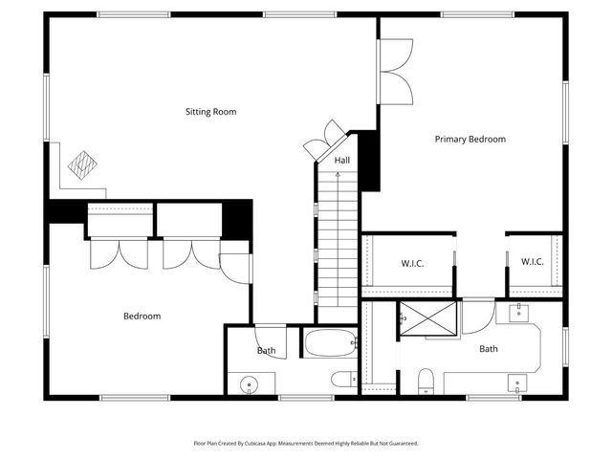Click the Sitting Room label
click(x=210, y=112)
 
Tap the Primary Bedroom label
click(x=470, y=139)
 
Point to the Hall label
click(x=341, y=162)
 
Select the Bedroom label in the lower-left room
click(x=142, y=316)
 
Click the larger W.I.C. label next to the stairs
click(x=411, y=263)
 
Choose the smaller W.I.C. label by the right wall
click(x=533, y=262)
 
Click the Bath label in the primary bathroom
click(x=488, y=349)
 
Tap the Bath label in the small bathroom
click(x=266, y=350)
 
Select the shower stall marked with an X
click(x=427, y=320)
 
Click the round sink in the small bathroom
click(x=250, y=384)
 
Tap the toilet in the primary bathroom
click(x=426, y=381)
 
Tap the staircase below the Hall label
click(x=337, y=249)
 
